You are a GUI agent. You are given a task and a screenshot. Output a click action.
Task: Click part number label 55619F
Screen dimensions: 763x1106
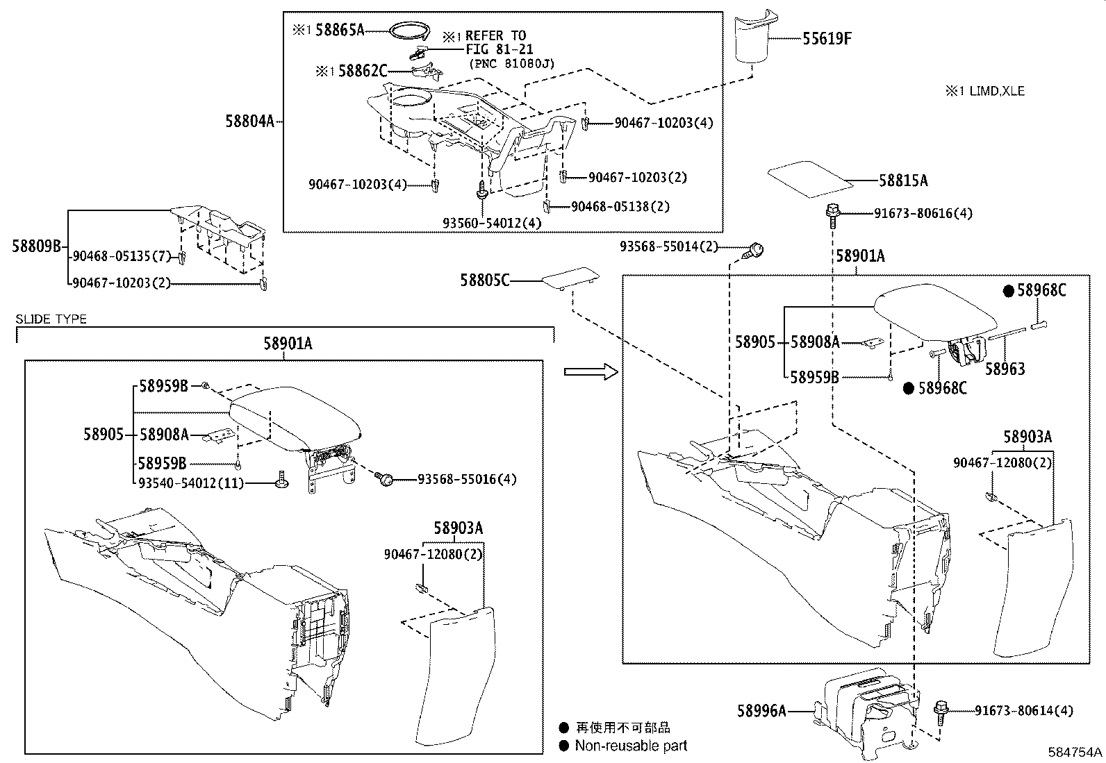tap(827, 39)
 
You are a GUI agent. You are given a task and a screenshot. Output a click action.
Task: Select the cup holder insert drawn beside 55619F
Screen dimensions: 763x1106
tap(755, 38)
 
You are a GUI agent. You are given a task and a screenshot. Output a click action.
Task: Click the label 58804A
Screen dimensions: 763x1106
tap(249, 121)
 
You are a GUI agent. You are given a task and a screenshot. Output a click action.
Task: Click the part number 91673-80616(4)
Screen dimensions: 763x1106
tap(923, 213)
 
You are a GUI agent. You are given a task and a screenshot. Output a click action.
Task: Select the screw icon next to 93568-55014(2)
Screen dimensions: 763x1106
tap(755, 249)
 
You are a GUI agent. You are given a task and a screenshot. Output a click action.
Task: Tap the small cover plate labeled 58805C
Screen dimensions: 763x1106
tap(568, 279)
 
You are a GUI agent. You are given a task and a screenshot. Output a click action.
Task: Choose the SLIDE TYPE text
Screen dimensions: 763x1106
tap(51, 319)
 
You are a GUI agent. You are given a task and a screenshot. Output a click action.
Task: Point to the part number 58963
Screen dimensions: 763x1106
tap(1005, 369)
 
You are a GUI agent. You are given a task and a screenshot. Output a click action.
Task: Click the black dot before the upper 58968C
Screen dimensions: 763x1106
tap(1008, 291)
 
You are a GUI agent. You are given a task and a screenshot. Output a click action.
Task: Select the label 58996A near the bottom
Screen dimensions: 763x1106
tap(761, 710)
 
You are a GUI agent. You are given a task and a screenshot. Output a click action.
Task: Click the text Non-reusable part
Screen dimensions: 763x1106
tap(630, 746)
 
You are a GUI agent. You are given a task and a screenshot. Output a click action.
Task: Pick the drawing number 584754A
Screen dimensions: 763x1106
tap(1075, 753)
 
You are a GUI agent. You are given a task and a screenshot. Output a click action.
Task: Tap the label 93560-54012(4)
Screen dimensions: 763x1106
tap(492, 223)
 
